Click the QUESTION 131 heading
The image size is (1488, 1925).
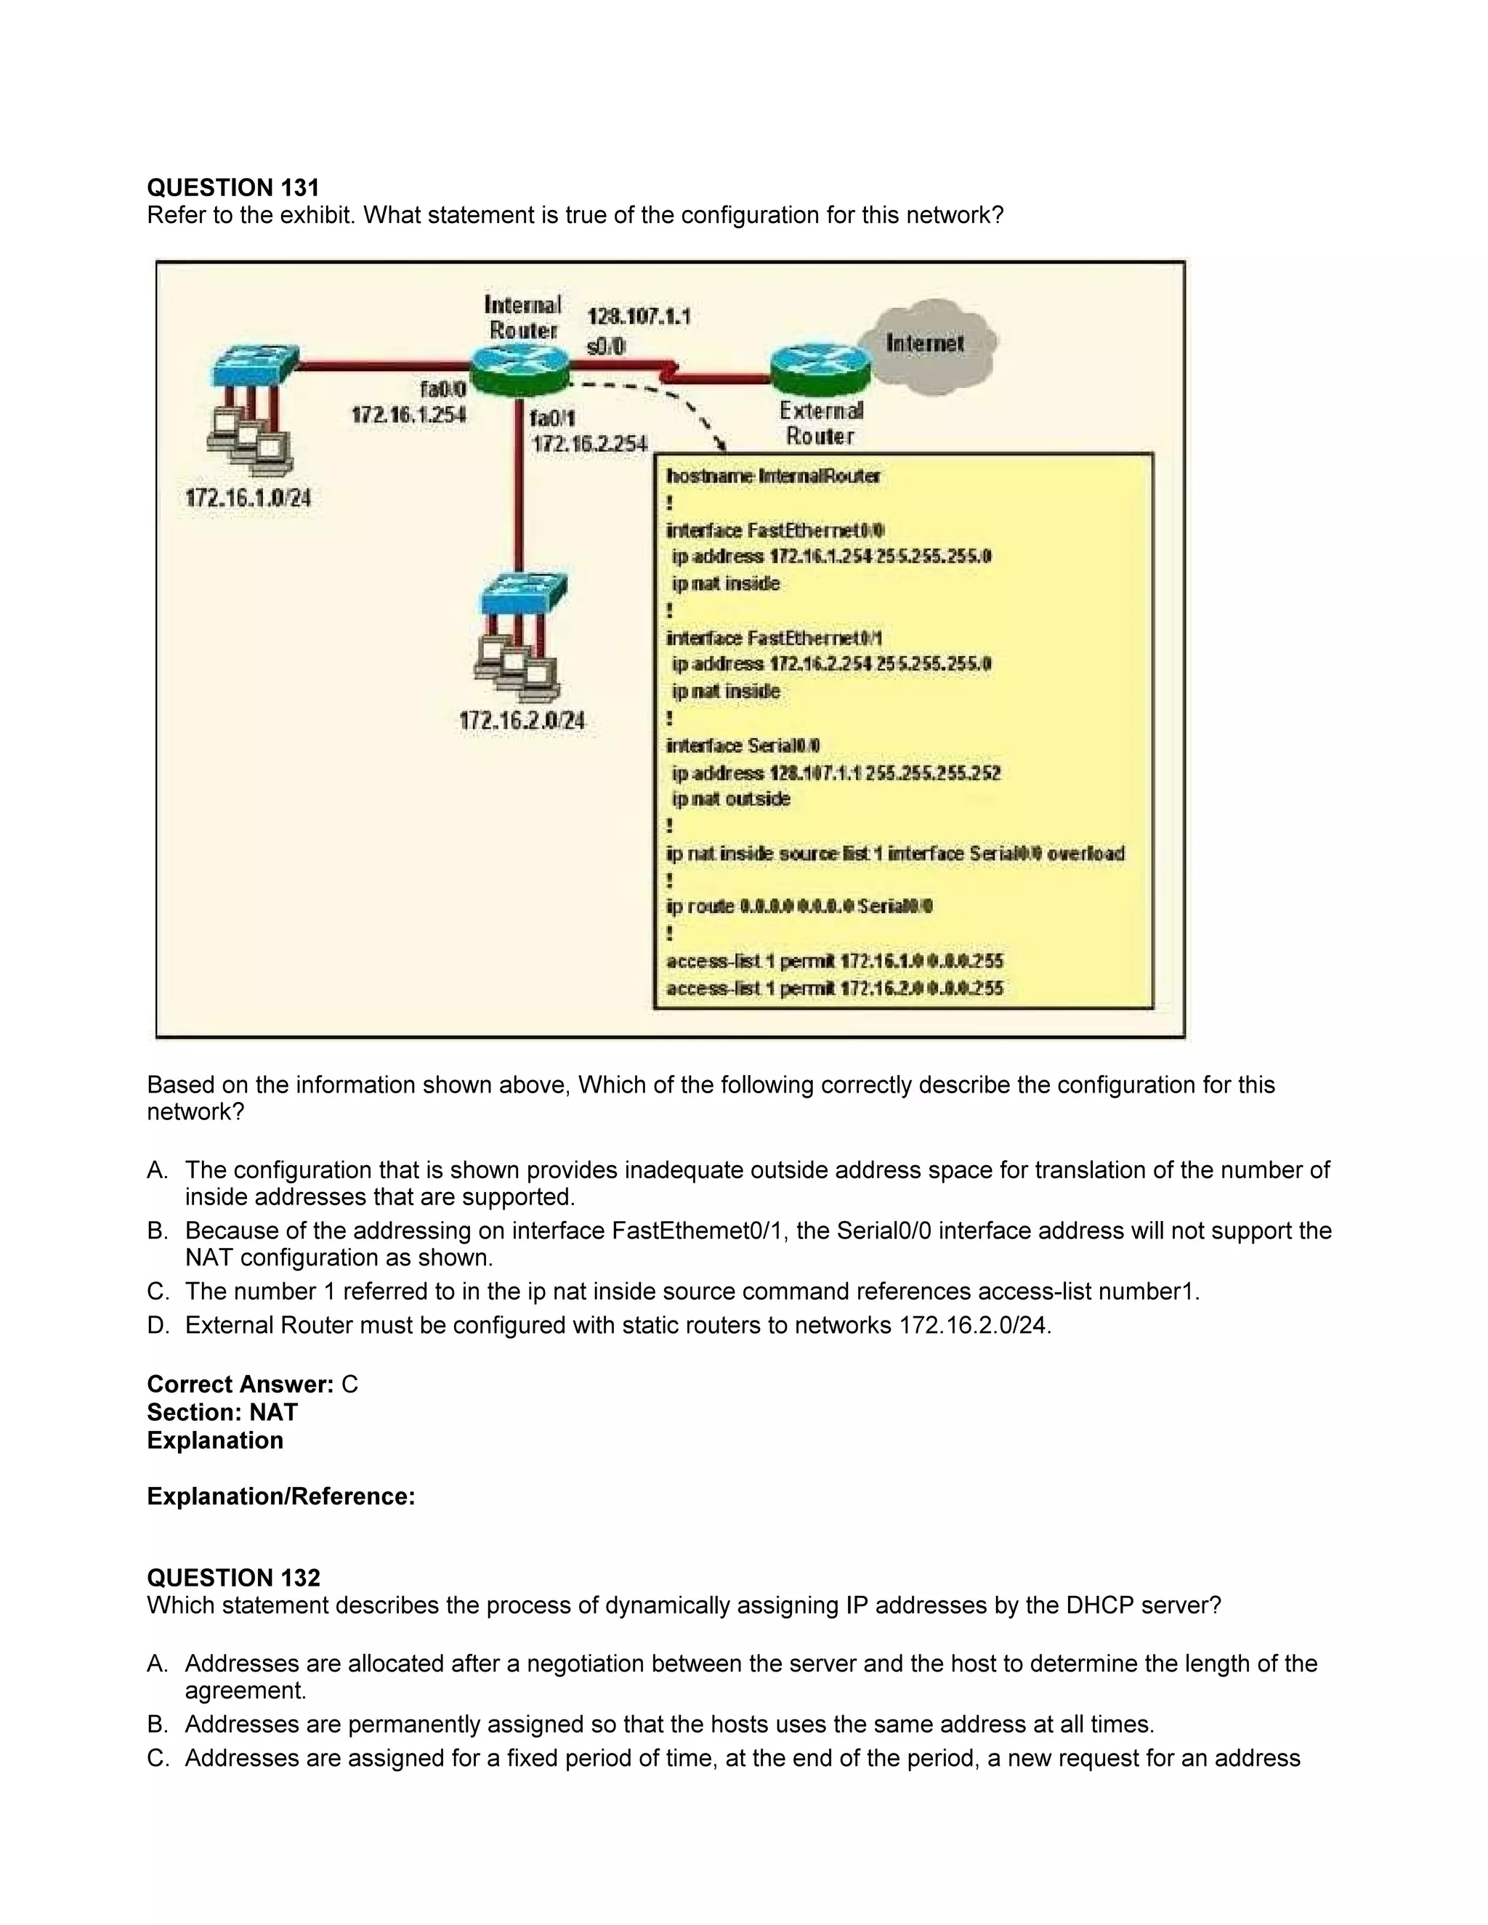click(232, 187)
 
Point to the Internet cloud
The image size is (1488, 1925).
click(926, 344)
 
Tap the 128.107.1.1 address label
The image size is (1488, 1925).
click(639, 317)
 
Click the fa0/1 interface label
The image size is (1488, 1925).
click(552, 418)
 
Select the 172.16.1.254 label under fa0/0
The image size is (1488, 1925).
click(408, 414)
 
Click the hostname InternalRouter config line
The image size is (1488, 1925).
click(773, 477)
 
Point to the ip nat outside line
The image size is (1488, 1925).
click(731, 800)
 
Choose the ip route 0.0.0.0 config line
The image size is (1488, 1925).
click(799, 907)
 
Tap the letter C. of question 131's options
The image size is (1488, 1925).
click(158, 1292)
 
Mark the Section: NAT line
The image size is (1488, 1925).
click(222, 1413)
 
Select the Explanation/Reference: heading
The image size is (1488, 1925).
click(280, 1496)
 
